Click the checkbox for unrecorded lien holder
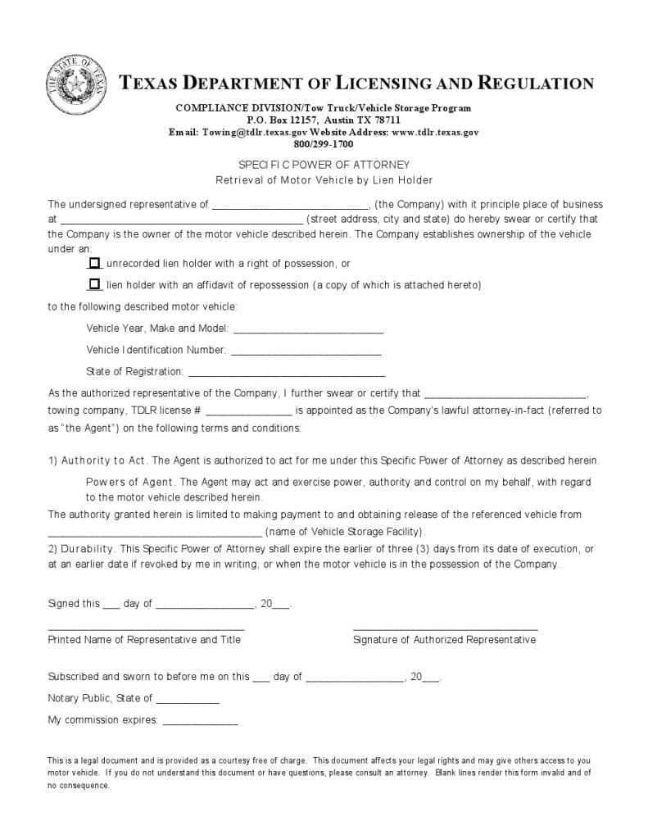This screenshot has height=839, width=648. coord(94,263)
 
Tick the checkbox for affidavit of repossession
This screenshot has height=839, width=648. coord(94,284)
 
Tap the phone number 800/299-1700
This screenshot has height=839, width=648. coord(324,143)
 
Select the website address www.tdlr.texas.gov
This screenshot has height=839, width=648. coord(435,132)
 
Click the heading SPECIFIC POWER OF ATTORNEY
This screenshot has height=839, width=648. coord(324,165)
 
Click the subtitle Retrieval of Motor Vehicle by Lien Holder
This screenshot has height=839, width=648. coord(324,180)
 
